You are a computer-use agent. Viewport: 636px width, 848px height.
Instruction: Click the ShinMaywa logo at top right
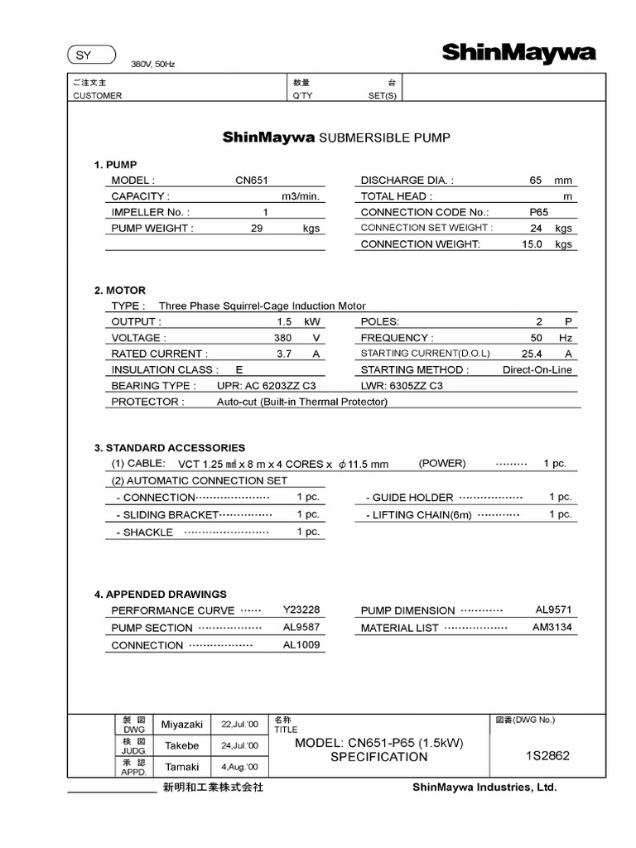(x=518, y=54)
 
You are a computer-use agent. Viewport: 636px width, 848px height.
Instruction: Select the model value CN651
(x=252, y=180)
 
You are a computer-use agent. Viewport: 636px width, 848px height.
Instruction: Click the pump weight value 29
(x=256, y=228)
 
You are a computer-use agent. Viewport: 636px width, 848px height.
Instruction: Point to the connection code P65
(x=539, y=212)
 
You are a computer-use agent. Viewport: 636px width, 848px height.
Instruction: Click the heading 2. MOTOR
(x=120, y=291)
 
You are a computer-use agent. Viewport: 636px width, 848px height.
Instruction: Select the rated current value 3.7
(x=284, y=354)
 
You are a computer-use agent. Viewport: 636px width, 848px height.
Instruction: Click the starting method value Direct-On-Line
(x=537, y=370)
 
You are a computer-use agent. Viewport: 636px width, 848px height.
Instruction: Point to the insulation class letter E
(x=239, y=370)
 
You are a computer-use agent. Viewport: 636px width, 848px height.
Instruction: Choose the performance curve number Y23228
(x=301, y=610)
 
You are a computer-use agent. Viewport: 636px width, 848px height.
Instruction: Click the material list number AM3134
(x=552, y=628)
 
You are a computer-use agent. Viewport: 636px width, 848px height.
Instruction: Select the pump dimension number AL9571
(x=553, y=610)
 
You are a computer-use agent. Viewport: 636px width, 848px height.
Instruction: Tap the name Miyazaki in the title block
(x=181, y=724)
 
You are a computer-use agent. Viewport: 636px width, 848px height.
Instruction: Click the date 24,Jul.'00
(x=239, y=745)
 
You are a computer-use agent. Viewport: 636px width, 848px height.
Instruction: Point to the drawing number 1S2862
(x=547, y=756)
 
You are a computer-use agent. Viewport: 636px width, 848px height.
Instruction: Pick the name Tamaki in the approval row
(x=181, y=767)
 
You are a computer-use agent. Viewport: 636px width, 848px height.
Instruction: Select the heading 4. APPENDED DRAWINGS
(x=161, y=595)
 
